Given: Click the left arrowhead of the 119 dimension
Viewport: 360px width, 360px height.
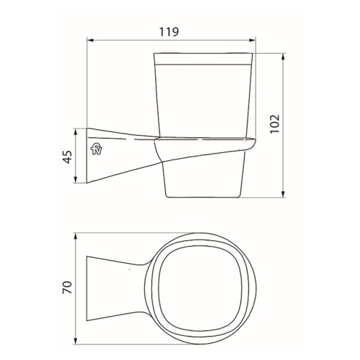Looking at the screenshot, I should coord(90,40).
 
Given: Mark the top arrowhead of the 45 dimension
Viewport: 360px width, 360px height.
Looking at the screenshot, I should coord(77,130).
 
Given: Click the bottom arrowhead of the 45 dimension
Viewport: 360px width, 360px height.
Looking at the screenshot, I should coord(77,184).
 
